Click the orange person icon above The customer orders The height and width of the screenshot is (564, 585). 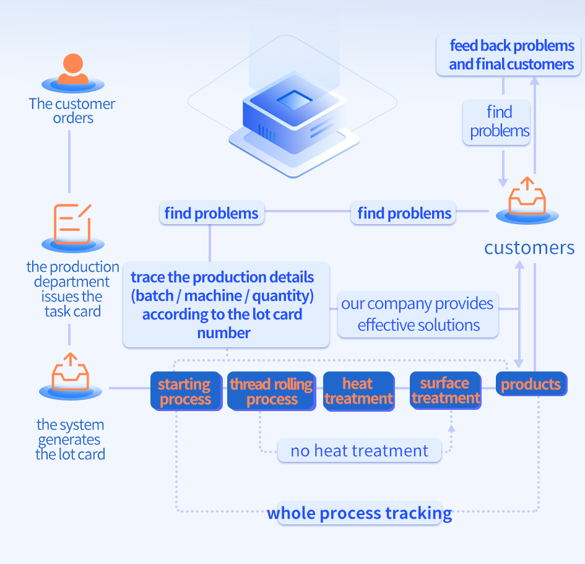point(72,70)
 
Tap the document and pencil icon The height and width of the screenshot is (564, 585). point(72,223)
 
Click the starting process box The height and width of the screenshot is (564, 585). point(184,391)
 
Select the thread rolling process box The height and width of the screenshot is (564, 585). point(271,391)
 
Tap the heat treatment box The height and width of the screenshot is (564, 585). point(358,391)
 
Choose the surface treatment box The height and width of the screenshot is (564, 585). point(445,391)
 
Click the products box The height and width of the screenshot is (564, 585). point(531,384)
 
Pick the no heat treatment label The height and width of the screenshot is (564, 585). point(359,451)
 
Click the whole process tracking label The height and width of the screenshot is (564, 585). point(359,513)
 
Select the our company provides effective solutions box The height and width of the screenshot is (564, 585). point(418,315)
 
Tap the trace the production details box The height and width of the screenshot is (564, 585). point(222,305)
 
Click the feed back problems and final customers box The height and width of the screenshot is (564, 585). point(511,55)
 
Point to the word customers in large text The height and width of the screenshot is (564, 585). point(529,248)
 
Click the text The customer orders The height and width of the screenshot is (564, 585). point(72,111)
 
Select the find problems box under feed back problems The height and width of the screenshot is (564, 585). point(500,121)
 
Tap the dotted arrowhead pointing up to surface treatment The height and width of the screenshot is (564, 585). point(451,427)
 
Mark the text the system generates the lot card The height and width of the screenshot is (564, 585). point(70,440)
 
